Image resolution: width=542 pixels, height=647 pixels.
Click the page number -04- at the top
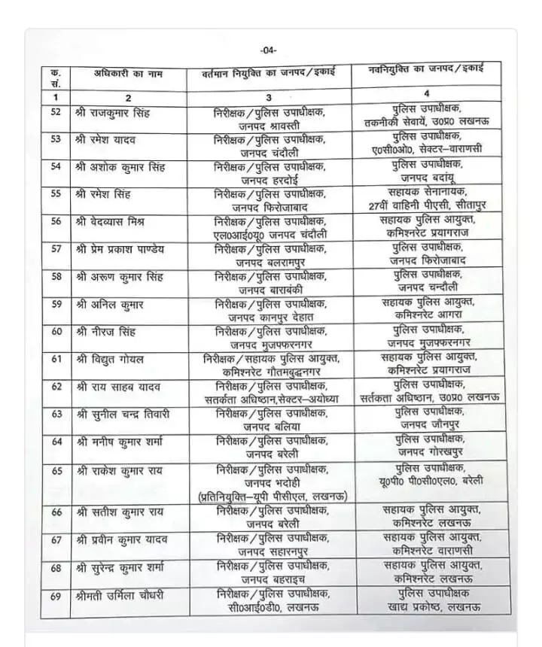coord(269,51)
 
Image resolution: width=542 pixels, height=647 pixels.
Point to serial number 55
coord(56,193)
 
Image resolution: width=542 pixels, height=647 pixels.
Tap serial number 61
coord(56,360)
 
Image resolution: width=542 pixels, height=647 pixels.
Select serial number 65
coord(56,471)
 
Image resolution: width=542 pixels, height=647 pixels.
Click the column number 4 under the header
coord(427,94)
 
